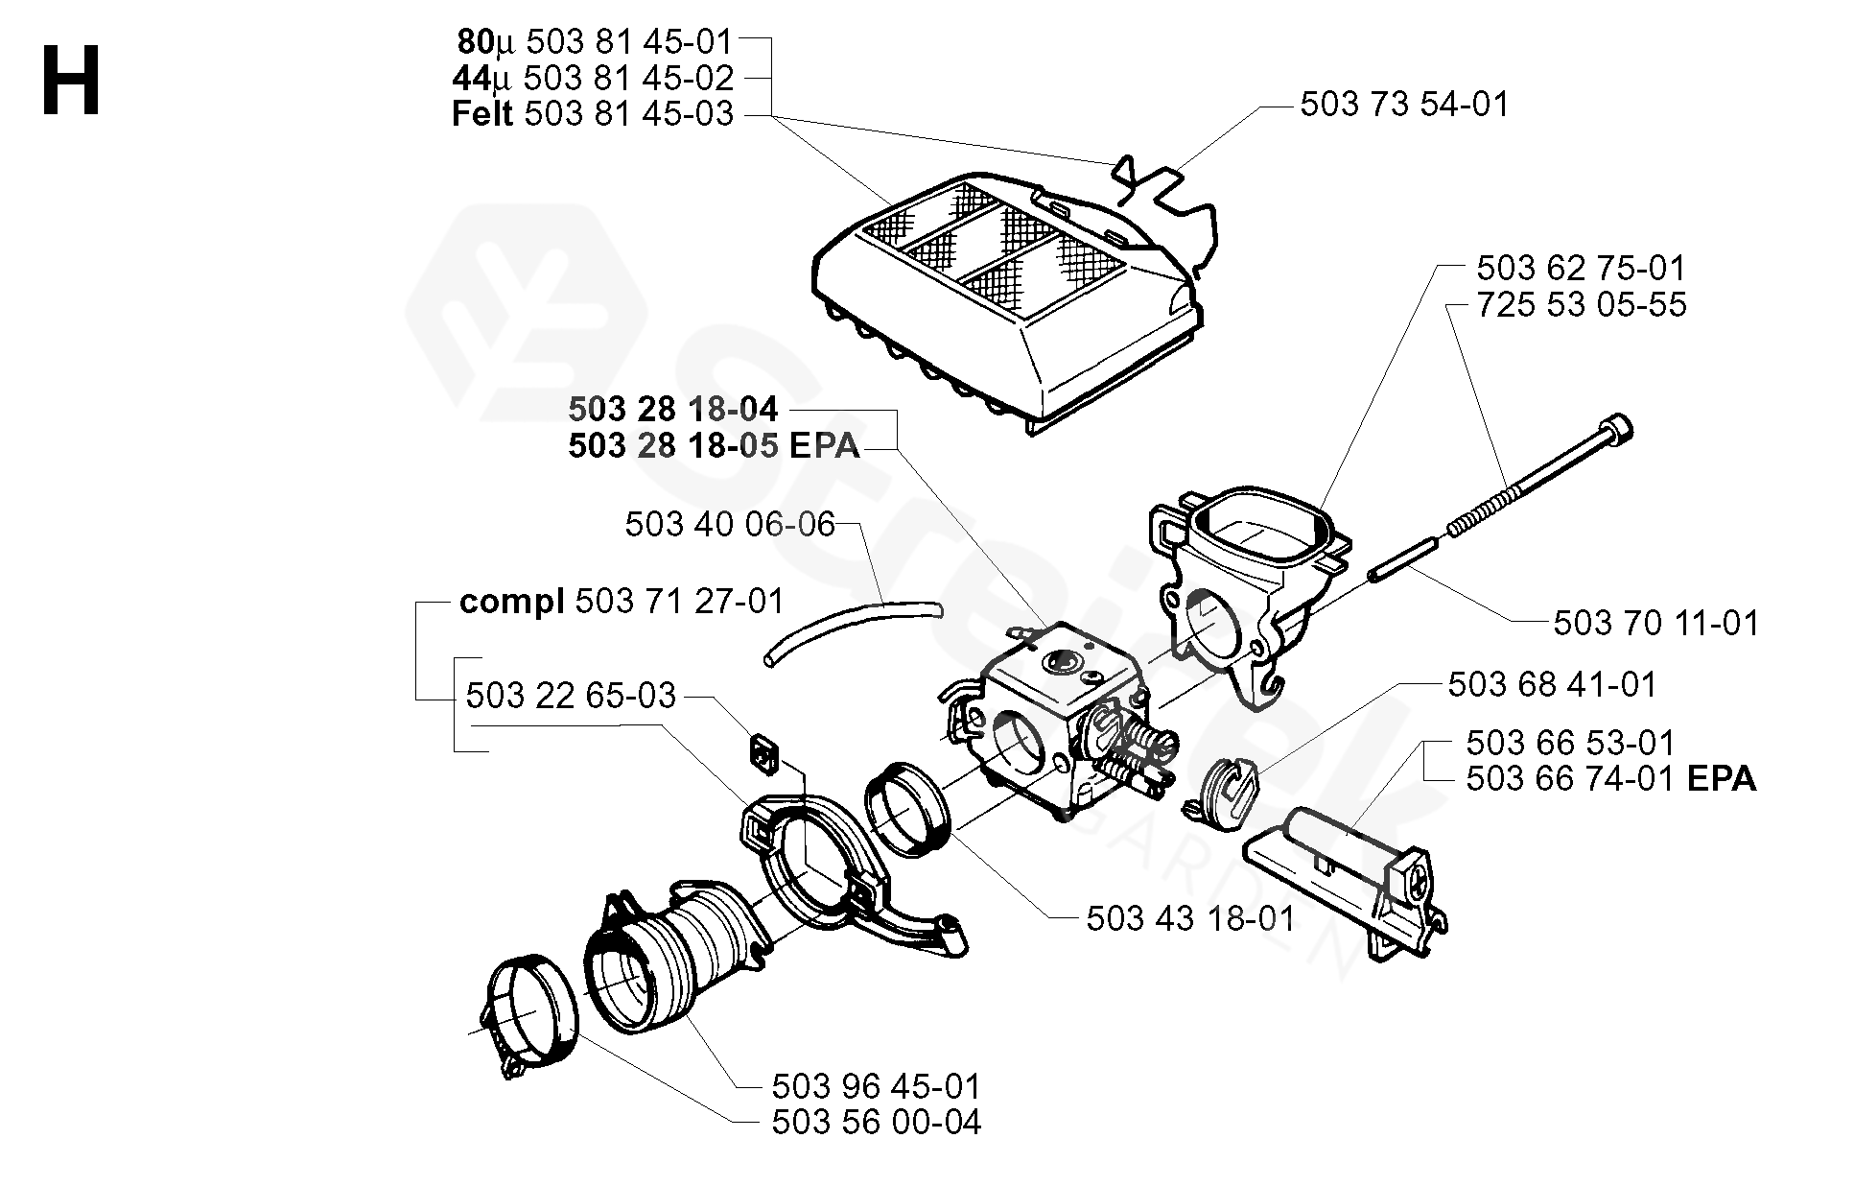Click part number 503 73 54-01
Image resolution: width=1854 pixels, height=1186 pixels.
(1404, 104)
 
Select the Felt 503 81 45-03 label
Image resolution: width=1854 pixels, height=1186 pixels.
(592, 114)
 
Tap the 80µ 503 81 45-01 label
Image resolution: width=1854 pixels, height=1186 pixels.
(595, 41)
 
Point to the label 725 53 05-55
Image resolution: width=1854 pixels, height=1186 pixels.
(1581, 304)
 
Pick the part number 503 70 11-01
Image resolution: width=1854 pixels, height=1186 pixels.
(1655, 624)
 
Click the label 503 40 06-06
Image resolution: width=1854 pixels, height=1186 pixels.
(729, 525)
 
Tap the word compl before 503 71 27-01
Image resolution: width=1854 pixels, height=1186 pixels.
(511, 602)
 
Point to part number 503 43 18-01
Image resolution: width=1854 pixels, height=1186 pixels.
(1190, 918)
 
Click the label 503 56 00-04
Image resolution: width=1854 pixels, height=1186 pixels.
(876, 1122)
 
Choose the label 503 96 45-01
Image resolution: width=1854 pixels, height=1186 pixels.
(876, 1086)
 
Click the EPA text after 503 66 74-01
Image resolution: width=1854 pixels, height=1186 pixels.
(1721, 779)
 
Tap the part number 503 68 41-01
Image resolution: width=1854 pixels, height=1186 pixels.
(1552, 684)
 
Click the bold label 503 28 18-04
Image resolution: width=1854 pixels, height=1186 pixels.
(672, 410)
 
